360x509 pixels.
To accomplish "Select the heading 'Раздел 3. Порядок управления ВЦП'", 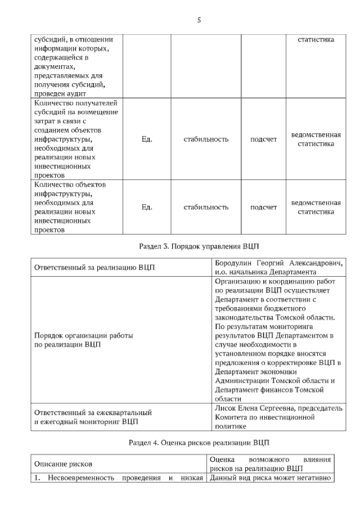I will pos(199,246).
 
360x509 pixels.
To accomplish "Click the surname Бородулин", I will pos(235,263).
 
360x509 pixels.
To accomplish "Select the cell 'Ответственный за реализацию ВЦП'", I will pos(94,267).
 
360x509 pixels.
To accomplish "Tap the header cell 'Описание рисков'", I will pos(63,463).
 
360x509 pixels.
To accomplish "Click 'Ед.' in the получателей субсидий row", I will pos(147,139).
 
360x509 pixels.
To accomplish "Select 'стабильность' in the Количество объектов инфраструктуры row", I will pos(206,207).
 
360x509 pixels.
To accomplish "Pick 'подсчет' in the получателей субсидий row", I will pos(263,139).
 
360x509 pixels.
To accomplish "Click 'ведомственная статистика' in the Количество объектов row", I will pos(316,207).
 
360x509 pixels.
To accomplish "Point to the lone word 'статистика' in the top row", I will pos(316,39).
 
